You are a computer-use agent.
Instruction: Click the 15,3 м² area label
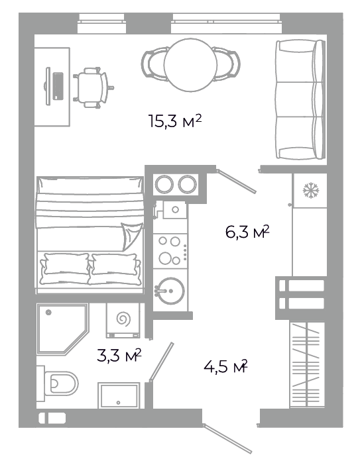(175, 121)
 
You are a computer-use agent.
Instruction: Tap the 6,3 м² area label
(247, 232)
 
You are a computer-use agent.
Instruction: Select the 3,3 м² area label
(119, 355)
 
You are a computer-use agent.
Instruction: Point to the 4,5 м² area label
(225, 367)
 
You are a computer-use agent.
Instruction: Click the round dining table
(190, 65)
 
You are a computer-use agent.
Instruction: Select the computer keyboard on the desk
(58, 86)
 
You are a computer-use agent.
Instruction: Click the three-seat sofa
(300, 99)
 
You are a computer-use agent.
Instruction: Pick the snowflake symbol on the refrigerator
(311, 190)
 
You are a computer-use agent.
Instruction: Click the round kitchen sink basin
(170, 291)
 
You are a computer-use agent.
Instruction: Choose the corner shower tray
(62, 329)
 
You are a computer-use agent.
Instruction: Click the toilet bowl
(61, 383)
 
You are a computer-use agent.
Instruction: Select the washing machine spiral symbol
(124, 319)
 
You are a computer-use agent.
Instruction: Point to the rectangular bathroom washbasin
(119, 395)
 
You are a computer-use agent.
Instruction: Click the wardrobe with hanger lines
(307, 365)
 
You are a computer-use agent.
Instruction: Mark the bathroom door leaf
(162, 362)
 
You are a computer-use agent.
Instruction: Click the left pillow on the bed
(65, 268)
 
